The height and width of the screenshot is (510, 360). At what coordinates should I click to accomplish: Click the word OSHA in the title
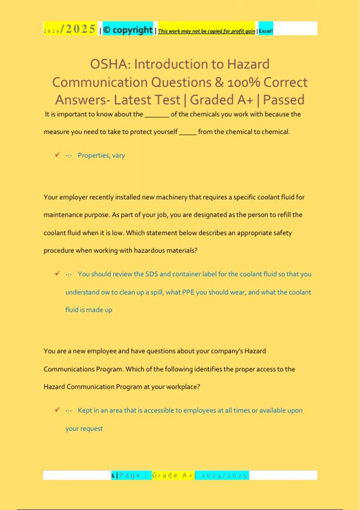pyautogui.click(x=110, y=64)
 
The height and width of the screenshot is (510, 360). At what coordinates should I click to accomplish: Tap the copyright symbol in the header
pyautogui.click(x=106, y=30)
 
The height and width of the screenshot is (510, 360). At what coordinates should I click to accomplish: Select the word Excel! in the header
pyautogui.click(x=266, y=31)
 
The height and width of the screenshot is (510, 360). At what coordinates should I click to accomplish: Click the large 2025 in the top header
pyautogui.click(x=81, y=29)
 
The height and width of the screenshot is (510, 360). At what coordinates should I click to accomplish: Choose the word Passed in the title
pyautogui.click(x=283, y=100)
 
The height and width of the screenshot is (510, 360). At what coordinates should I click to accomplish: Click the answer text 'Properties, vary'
pyautogui.click(x=101, y=155)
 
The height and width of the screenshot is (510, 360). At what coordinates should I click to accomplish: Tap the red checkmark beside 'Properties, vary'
pyautogui.click(x=57, y=154)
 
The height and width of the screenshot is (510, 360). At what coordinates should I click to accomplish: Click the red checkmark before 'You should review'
pyautogui.click(x=57, y=273)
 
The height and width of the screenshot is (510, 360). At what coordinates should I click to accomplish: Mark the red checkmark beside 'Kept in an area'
pyautogui.click(x=57, y=409)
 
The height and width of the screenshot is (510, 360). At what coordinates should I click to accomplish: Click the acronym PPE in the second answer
pyautogui.click(x=188, y=292)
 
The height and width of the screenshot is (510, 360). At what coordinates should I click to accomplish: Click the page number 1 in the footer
pyautogui.click(x=113, y=475)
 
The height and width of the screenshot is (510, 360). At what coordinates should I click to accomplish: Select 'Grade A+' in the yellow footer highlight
pyautogui.click(x=172, y=475)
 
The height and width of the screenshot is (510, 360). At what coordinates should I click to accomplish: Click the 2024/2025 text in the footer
pyautogui.click(x=224, y=475)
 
